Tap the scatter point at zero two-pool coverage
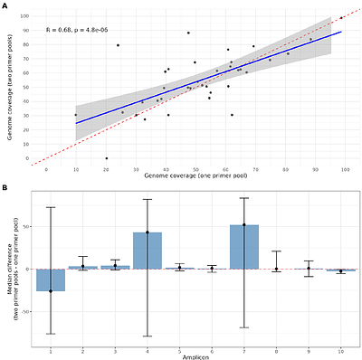coord(107,158)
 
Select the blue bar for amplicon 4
coord(148,251)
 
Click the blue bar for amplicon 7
coord(244,247)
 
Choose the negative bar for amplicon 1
coord(51,279)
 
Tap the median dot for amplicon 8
coord(276,269)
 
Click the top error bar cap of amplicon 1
coord(51,207)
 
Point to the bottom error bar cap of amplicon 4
coord(148,336)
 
